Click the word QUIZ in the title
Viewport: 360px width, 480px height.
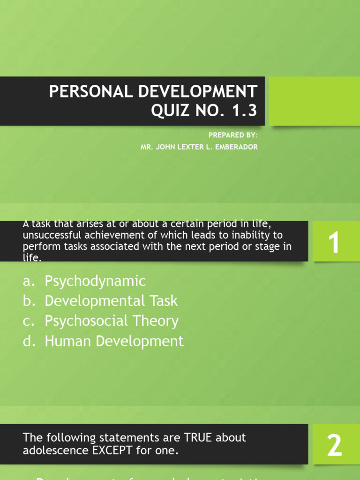(x=167, y=111)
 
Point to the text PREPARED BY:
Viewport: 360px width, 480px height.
(x=233, y=135)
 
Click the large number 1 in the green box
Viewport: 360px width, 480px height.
(x=334, y=244)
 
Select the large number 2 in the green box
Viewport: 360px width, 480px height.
(x=334, y=445)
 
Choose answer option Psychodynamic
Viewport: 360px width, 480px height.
(x=95, y=281)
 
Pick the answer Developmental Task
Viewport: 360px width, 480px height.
(x=111, y=301)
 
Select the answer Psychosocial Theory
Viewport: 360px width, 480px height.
(x=112, y=321)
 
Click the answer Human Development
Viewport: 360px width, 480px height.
(x=114, y=341)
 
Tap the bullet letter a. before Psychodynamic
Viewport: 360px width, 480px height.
(x=29, y=281)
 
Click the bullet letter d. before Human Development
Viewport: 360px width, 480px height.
(x=29, y=341)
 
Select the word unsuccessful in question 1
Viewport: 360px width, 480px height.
(x=47, y=235)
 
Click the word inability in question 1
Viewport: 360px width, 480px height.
(x=249, y=235)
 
